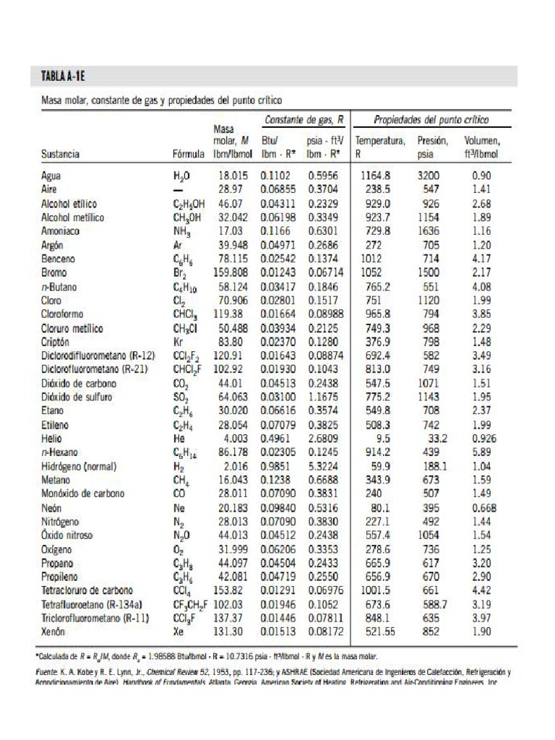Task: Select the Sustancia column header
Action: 60,154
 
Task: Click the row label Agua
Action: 51,176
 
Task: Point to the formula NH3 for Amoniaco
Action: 183,231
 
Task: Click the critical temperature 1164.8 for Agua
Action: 375,176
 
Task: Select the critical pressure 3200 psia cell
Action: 429,176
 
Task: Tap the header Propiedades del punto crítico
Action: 431,119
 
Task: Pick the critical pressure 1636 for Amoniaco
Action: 429,231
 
